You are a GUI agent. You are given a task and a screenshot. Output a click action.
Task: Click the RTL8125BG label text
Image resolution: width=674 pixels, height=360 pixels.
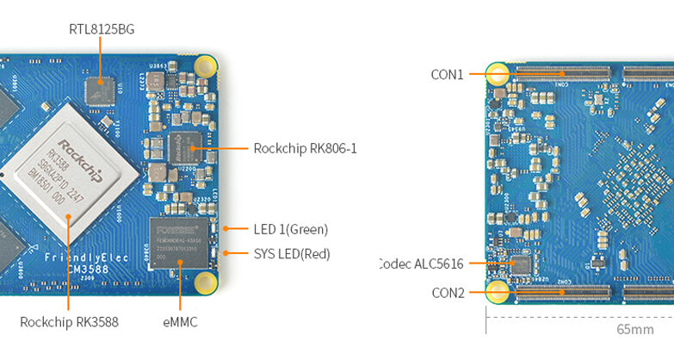click(x=102, y=29)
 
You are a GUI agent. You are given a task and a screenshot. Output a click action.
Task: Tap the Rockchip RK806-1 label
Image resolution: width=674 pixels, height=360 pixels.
click(x=305, y=148)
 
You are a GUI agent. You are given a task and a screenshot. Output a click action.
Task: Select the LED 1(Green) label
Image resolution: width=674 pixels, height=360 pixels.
click(x=290, y=229)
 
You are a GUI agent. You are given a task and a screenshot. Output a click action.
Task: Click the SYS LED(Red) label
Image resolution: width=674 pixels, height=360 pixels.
click(x=291, y=254)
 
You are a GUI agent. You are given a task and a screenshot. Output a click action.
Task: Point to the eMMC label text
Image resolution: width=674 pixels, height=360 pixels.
click(x=180, y=323)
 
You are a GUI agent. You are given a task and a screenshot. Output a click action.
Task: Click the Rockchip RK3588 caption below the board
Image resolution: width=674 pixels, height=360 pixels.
click(x=69, y=323)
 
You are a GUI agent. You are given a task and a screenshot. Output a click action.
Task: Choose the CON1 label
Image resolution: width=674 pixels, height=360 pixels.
click(x=447, y=75)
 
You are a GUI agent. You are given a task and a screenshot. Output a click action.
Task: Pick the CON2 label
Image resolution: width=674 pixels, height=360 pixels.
click(x=448, y=293)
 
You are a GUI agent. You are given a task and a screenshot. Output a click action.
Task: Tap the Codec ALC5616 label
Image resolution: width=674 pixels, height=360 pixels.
click(x=421, y=264)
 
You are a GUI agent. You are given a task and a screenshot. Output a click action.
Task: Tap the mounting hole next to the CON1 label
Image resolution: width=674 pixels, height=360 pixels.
click(x=498, y=74)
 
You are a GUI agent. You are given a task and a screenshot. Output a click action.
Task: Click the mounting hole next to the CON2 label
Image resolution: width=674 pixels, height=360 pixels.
click(x=497, y=292)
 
